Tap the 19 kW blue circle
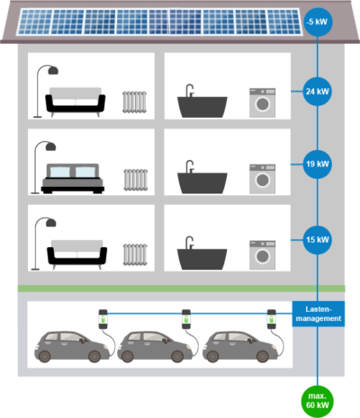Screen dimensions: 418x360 click(318, 165)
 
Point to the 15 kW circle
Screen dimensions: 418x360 click(318, 240)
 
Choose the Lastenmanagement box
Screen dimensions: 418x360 click(318, 313)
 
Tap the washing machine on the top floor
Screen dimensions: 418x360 click(261, 102)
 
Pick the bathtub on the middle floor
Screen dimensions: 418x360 click(200, 178)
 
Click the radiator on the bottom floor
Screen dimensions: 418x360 click(134, 254)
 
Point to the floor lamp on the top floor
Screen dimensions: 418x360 click(41, 86)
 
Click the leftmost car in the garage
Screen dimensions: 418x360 click(68, 347)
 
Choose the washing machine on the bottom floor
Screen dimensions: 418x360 click(261, 254)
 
